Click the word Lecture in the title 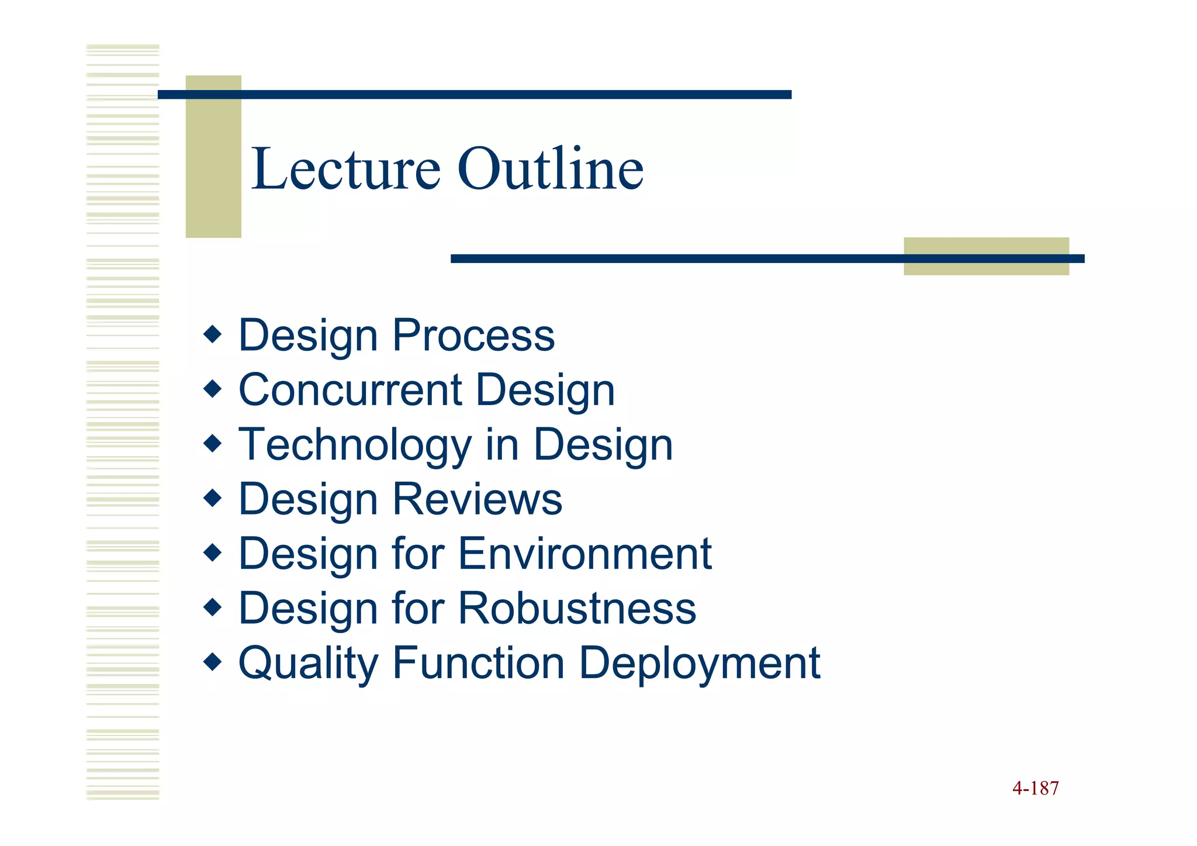click(345, 170)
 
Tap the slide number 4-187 click(1035, 788)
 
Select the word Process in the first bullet click(473, 336)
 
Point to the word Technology click(355, 446)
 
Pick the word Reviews click(477, 499)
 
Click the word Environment click(584, 554)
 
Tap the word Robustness click(577, 609)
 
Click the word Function click(479, 663)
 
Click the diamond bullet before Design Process click(213, 334)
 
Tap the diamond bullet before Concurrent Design click(213, 389)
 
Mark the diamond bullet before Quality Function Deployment click(213, 662)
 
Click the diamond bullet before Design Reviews click(213, 498)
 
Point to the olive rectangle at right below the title click(986, 256)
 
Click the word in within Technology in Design click(502, 445)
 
